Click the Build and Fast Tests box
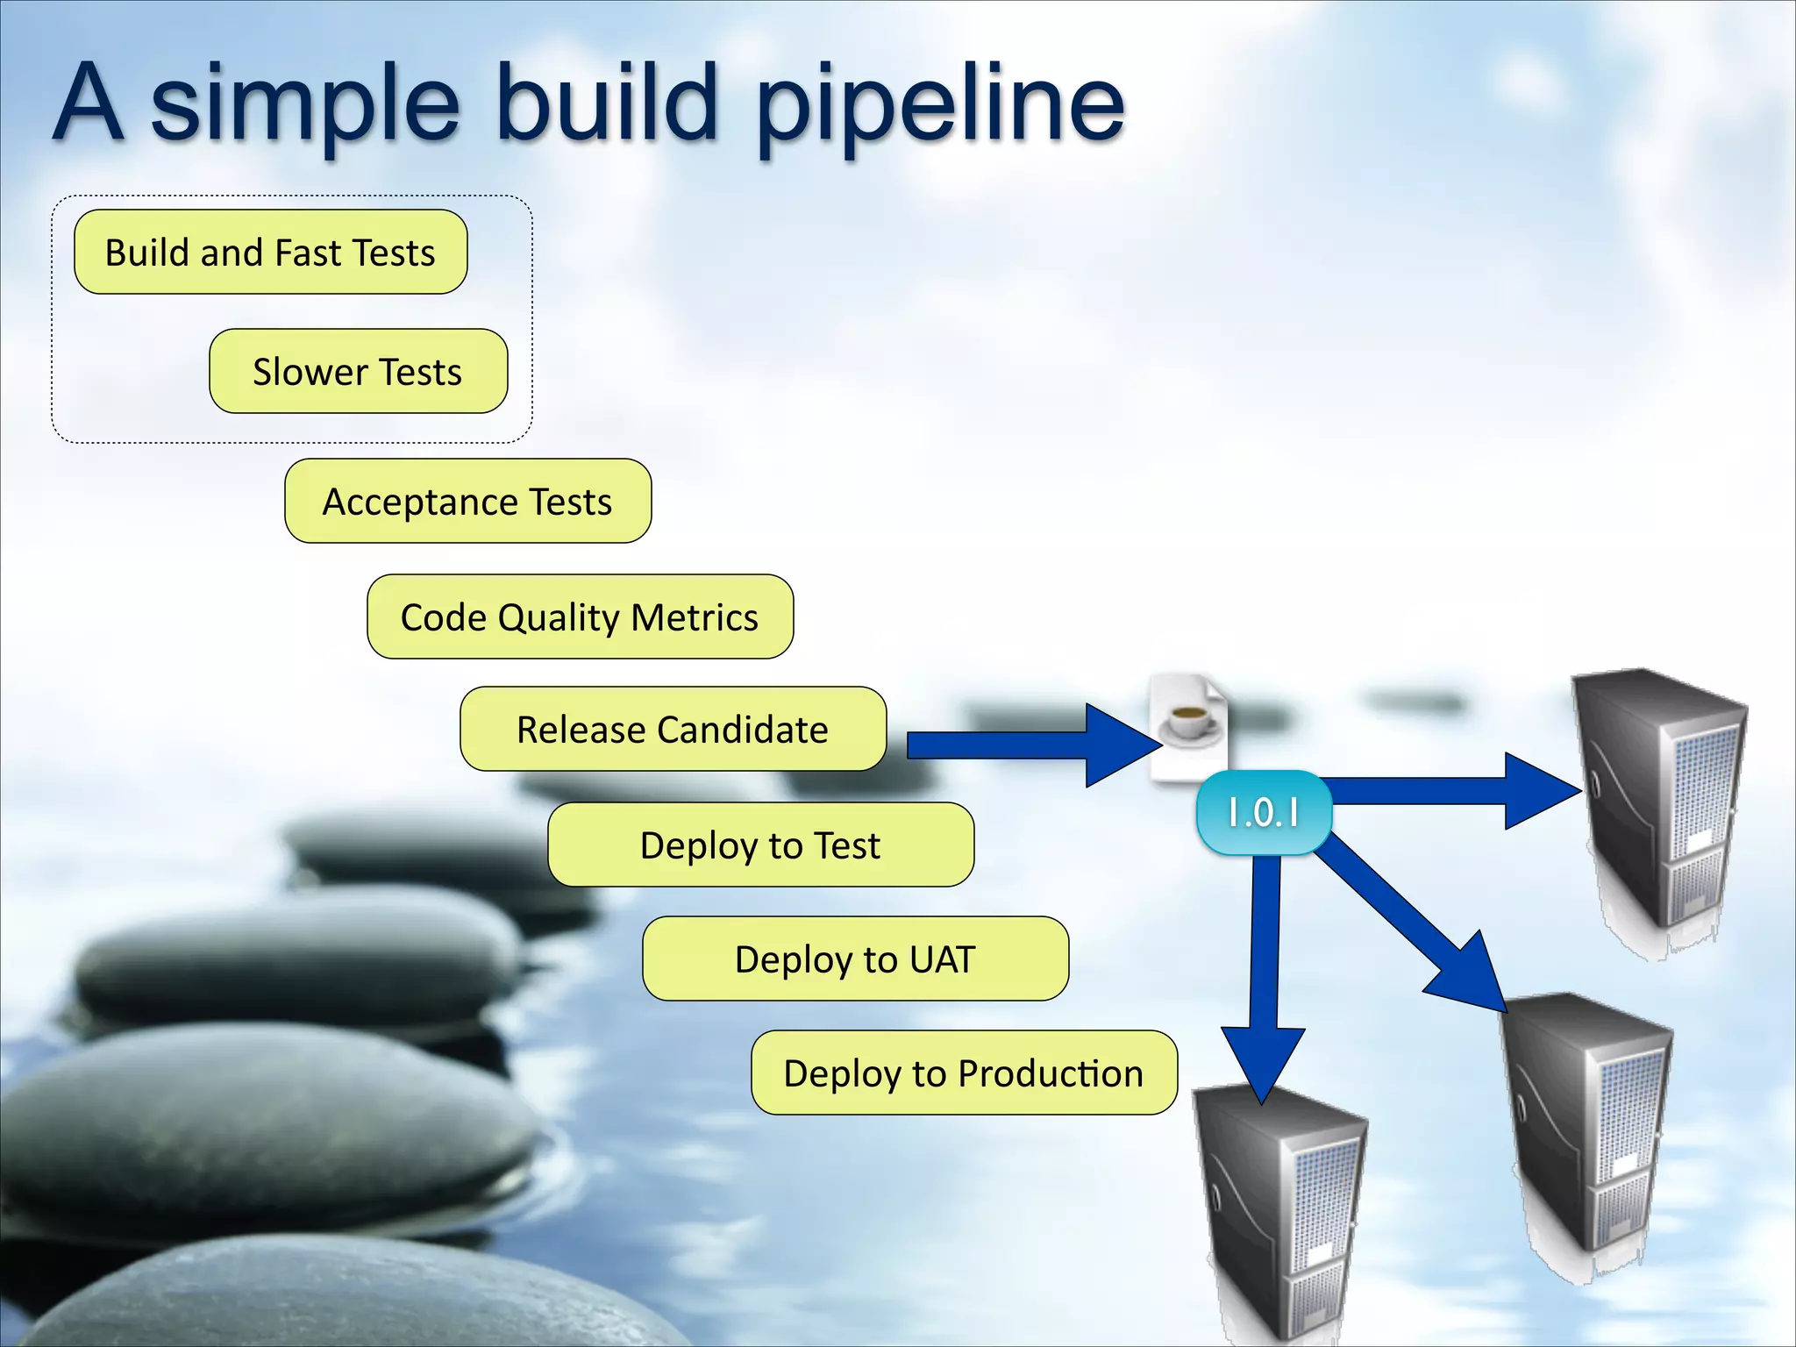point(270,252)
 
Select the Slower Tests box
point(358,371)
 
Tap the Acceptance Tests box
point(467,501)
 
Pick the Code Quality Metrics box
point(580,616)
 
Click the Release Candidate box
point(673,729)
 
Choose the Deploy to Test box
point(760,845)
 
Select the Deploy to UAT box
point(855,959)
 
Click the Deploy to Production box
point(964,1073)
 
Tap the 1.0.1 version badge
point(1264,812)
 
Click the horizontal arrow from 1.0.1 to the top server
point(1447,791)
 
